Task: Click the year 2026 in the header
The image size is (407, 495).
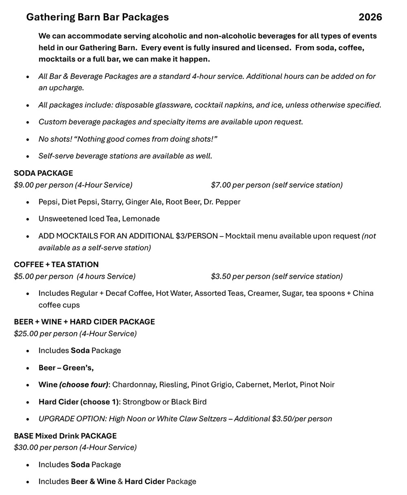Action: (370, 17)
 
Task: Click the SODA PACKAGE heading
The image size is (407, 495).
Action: (43, 173)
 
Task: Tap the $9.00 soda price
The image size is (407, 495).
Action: (24, 185)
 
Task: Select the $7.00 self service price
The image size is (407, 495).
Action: (221, 185)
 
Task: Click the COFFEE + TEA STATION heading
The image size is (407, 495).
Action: (56, 265)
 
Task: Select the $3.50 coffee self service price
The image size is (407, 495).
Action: (221, 276)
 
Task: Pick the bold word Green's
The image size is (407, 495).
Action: (78, 368)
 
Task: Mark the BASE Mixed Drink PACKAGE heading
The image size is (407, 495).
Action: (65, 436)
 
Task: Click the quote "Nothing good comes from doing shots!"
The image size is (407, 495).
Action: (146, 139)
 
